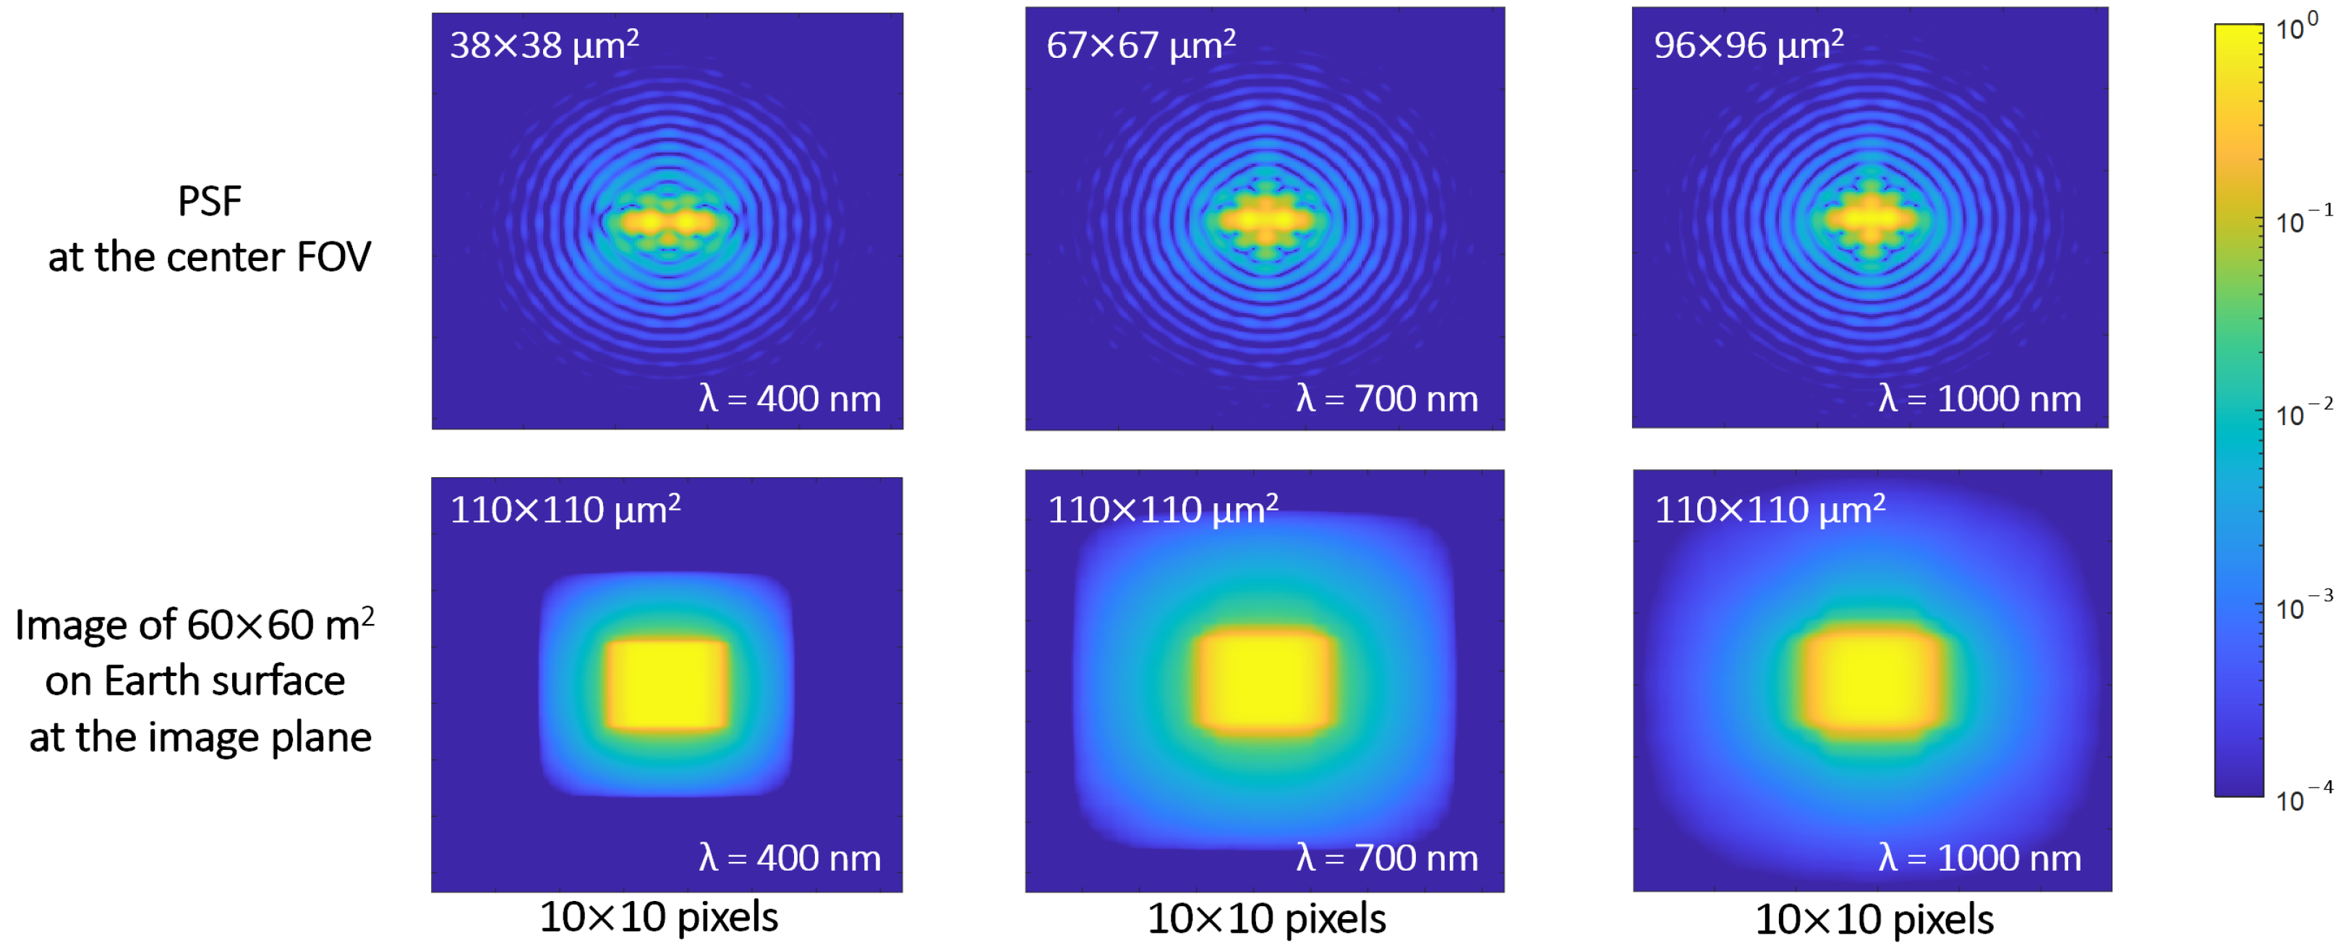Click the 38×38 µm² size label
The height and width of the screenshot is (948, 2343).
coord(544,45)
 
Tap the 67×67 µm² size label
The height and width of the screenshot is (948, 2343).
coord(1140,45)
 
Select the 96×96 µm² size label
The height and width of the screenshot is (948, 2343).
coord(1748,45)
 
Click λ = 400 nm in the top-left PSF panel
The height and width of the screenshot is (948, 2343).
coord(790,398)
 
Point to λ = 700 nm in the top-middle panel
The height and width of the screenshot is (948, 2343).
coord(1387,398)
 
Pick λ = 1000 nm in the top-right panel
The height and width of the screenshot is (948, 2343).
coord(1980,398)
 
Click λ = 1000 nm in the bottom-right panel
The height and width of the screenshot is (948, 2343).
coord(1980,858)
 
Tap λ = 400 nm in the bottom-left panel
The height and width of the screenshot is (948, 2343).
coord(790,858)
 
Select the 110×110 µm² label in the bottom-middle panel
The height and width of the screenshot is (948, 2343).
coord(1162,510)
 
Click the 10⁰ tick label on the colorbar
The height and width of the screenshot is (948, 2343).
coord(2297,28)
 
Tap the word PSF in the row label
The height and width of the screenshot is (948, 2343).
coord(209,201)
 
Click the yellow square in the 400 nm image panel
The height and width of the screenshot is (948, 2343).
coord(667,685)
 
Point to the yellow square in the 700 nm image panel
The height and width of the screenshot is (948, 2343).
coord(1266,680)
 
